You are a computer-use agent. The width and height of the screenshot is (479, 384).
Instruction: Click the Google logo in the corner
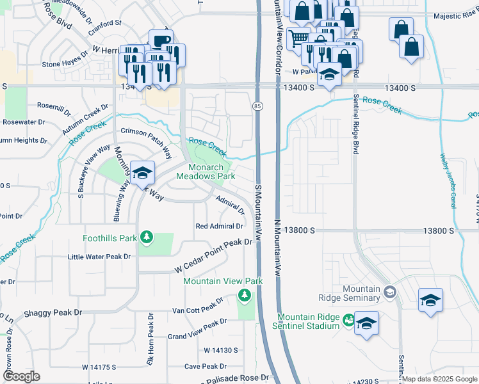coord(20,376)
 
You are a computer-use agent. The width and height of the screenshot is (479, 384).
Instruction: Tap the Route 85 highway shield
coord(257,106)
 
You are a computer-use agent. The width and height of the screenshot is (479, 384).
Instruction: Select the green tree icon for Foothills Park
coord(147,238)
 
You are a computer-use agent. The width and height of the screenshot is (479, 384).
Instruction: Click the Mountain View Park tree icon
coord(243,294)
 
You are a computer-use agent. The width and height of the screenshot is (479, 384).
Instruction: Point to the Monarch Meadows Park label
coord(210,172)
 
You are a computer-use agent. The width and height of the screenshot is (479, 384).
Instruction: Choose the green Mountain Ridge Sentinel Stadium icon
coord(348,319)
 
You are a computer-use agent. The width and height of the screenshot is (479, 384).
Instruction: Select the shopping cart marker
coord(298,39)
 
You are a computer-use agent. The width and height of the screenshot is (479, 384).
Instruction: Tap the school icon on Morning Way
coord(143,172)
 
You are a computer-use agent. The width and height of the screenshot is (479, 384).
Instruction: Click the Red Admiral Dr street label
coord(220,226)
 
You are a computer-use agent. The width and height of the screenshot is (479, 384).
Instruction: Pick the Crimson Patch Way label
coord(147,141)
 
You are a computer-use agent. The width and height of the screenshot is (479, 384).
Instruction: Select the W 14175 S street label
coord(99,367)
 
